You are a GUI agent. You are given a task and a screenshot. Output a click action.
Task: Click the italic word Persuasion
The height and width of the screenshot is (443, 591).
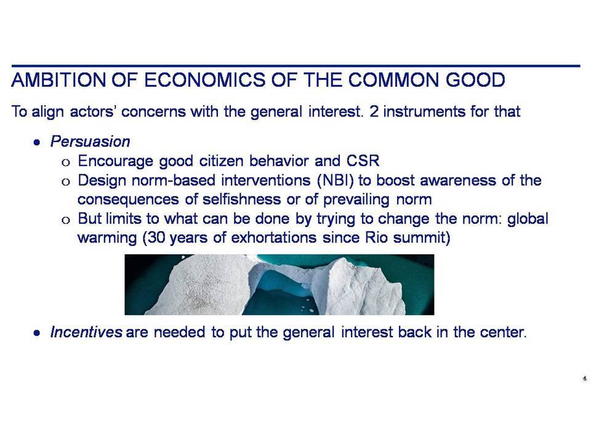click(90, 142)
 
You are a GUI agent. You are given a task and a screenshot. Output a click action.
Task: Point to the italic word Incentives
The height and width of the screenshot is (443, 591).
click(86, 332)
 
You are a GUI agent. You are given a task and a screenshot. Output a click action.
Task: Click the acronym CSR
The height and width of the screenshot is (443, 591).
click(363, 161)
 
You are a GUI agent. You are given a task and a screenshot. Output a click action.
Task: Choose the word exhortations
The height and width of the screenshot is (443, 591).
click(273, 237)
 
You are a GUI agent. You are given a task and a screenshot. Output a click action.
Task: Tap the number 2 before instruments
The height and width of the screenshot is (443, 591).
click(374, 111)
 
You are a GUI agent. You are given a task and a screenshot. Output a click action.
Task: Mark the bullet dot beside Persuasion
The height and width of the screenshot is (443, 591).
click(36, 142)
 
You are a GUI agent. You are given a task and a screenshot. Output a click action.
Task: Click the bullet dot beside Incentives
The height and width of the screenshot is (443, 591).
click(36, 333)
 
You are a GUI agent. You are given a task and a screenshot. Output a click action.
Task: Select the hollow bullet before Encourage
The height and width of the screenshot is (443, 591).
click(66, 162)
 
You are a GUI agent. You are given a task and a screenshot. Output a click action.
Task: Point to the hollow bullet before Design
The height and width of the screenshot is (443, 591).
click(66, 182)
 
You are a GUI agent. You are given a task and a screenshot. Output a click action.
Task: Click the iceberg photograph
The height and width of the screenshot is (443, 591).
click(279, 284)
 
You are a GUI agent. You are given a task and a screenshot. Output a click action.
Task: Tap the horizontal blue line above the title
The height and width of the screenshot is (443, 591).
click(296, 66)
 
